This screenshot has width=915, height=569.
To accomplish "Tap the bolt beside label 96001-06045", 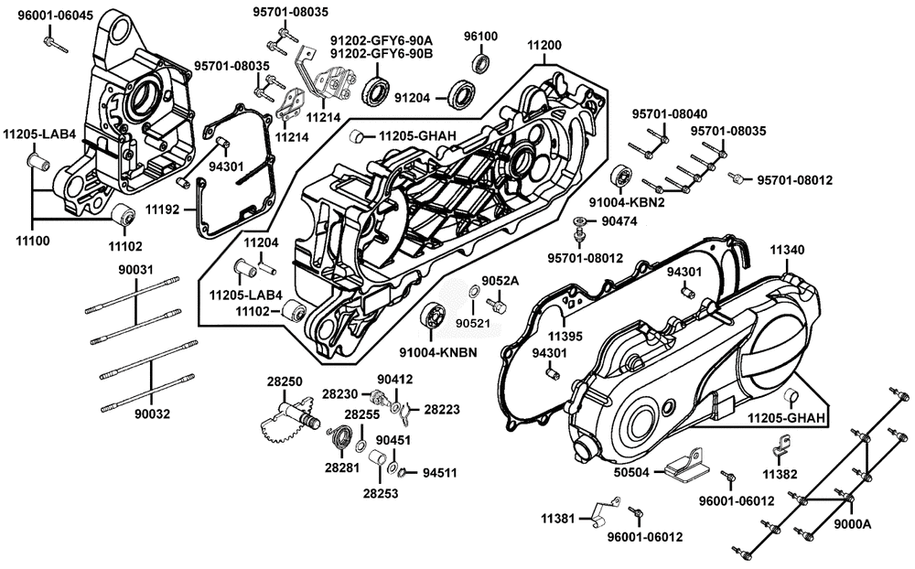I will tap(51, 42).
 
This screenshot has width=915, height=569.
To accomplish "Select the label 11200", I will tap(545, 45).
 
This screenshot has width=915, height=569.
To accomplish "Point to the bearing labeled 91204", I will tap(461, 93).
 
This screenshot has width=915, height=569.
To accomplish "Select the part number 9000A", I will tap(852, 524).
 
